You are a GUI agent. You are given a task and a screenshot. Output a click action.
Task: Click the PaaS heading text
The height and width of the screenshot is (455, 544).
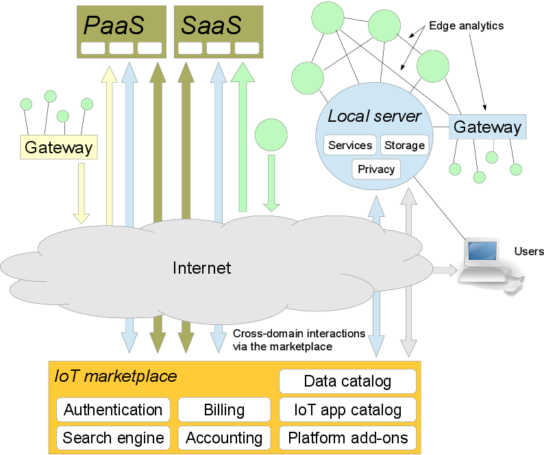pos(114,25)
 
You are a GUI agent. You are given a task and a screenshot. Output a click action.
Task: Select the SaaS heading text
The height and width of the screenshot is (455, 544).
pos(211,25)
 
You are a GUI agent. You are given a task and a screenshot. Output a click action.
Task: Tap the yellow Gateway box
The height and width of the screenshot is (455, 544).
pos(59,147)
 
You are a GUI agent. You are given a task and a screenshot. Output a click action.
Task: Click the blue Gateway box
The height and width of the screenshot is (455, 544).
pos(487,127)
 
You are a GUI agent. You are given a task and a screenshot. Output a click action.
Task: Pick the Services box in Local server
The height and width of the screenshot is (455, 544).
pos(350,145)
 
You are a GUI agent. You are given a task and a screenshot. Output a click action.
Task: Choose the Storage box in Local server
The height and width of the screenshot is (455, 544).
pos(404,145)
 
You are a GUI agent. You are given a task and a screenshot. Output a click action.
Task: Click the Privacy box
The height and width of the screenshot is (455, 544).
pos(376,169)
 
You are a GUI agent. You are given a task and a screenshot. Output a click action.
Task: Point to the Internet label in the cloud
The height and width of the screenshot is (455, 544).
pos(202,268)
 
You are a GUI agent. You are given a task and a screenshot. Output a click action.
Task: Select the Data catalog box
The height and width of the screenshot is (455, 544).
pos(347,381)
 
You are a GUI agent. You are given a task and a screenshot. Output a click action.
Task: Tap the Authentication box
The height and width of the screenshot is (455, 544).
pos(113,410)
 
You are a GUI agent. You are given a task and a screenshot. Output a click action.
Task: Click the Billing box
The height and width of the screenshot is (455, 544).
pos(224,410)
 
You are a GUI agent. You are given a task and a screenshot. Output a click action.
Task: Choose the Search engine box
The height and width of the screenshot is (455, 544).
pos(113,438)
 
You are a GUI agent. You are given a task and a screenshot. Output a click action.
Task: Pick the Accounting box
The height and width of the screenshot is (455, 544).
pos(224,438)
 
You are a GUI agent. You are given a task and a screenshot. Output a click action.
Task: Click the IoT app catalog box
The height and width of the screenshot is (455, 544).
pos(347,410)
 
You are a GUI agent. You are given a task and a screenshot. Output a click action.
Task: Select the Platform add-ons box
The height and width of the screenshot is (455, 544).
pos(347,438)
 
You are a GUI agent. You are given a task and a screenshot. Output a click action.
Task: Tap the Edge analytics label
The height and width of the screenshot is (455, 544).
pos(467,25)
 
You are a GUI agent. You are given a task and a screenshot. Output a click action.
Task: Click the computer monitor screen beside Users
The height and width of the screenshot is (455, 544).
pos(482,250)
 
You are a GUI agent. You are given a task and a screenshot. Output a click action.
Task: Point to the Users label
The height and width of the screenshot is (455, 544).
pos(529,251)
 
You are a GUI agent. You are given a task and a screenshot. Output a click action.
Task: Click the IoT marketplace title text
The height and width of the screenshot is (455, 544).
pos(116,376)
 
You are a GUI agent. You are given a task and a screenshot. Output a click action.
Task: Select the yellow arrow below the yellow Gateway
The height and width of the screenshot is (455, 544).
pos(81,194)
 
